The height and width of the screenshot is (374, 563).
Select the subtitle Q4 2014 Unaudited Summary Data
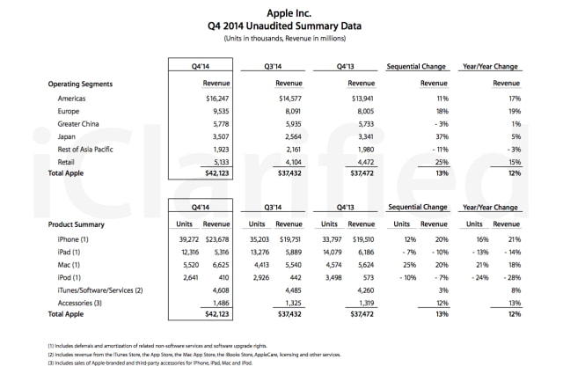281,27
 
